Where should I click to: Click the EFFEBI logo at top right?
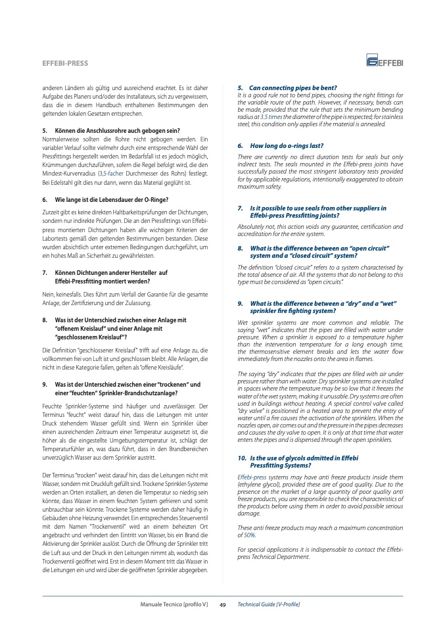(385, 62)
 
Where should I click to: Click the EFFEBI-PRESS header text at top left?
(64, 63)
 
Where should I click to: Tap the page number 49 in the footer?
(222, 604)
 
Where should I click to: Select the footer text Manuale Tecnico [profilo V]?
(174, 604)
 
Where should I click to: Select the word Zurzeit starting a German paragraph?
(51, 210)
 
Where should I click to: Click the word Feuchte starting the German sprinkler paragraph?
(53, 397)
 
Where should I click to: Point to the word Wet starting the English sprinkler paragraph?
(242, 322)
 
